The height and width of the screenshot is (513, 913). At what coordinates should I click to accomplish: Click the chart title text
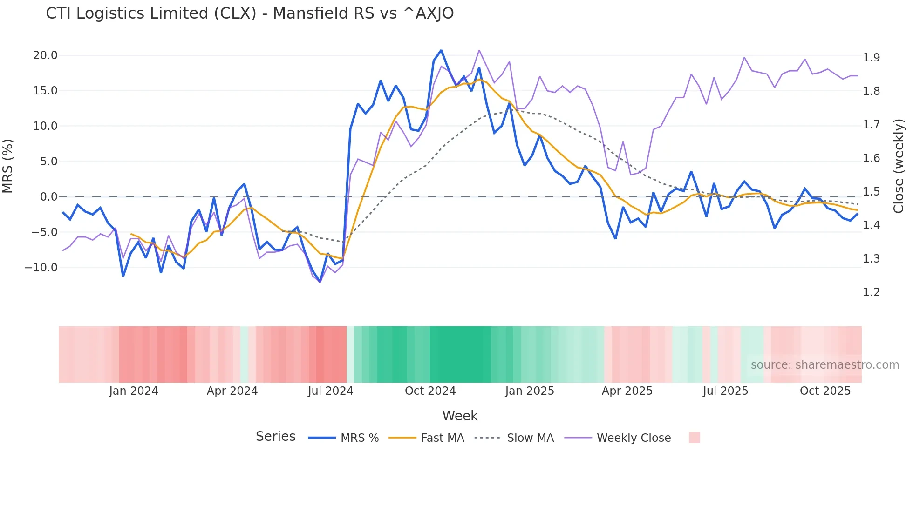[x=250, y=13]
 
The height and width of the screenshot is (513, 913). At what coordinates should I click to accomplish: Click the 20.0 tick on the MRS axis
[x=45, y=55]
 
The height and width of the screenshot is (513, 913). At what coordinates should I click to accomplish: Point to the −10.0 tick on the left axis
[x=41, y=268]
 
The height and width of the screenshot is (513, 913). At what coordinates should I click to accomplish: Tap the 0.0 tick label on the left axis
[x=48, y=197]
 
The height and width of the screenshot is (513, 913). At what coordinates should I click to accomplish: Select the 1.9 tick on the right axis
[x=871, y=58]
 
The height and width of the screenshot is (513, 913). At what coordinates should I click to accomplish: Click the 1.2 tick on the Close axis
[x=871, y=292]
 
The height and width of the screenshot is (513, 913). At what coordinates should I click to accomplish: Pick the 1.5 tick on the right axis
[x=871, y=192]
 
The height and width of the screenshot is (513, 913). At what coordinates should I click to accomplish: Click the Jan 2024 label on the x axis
[x=134, y=391]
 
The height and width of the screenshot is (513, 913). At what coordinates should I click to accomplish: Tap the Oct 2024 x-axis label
[x=430, y=391]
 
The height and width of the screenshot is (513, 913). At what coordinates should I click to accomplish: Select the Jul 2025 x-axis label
[x=725, y=391]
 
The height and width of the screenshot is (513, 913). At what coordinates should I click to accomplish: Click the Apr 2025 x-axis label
[x=627, y=391]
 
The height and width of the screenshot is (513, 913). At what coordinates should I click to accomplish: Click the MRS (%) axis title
[x=8, y=166]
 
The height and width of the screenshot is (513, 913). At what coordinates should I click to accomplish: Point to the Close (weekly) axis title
[x=899, y=166]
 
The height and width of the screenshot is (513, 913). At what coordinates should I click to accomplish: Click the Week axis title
[x=460, y=416]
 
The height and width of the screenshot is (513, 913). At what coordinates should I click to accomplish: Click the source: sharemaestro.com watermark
[x=824, y=365]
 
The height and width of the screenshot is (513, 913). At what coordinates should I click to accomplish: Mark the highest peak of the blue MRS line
[x=441, y=50]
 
